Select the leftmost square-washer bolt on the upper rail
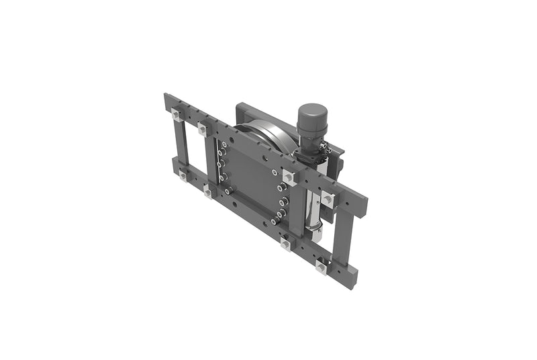click(x=176, y=114)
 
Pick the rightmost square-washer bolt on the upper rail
click(x=328, y=198)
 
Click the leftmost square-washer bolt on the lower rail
click(x=182, y=176)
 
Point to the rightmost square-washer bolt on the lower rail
click(x=322, y=269)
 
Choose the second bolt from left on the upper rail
click(x=203, y=129)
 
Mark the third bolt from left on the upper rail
click(x=289, y=177)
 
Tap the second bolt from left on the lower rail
click(x=207, y=193)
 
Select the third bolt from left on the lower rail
click(x=285, y=244)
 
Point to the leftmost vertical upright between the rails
click(x=179, y=145)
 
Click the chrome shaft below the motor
click(x=315, y=201)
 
